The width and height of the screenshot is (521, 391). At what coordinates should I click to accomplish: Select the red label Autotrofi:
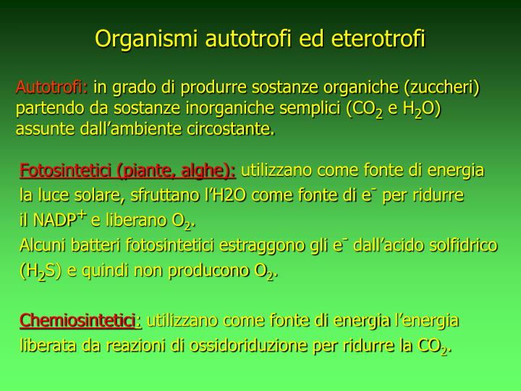click(51, 88)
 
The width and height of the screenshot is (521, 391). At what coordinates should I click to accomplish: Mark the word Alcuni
click(42, 245)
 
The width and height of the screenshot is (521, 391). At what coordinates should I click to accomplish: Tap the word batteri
click(96, 245)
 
